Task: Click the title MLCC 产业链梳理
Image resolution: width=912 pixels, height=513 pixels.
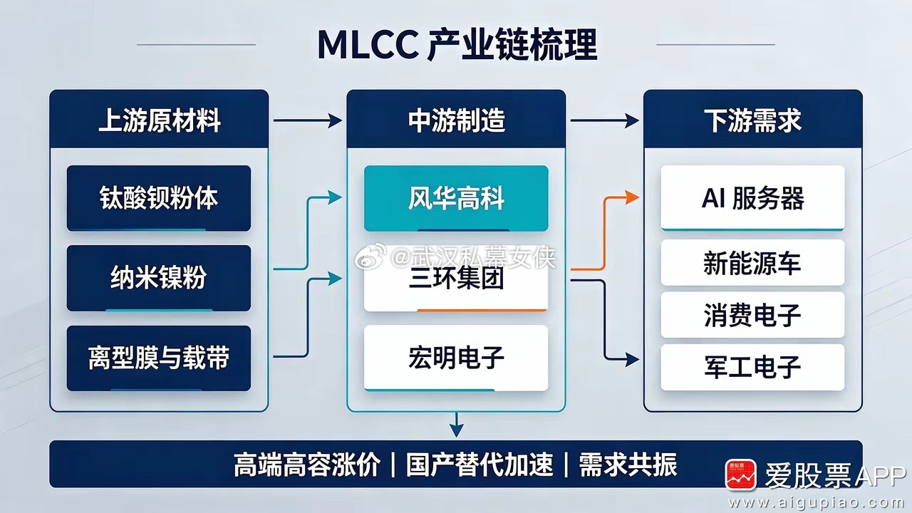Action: (457, 44)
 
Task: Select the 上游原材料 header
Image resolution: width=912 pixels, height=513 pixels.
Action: (159, 120)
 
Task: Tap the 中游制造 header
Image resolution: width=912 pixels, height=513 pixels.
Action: (456, 120)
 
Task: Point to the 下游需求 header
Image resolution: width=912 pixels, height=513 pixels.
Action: (753, 120)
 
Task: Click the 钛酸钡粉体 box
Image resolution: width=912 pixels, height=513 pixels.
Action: (159, 198)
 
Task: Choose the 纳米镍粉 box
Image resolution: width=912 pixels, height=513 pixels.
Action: (159, 278)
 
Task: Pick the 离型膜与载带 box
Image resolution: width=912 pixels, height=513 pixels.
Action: (159, 358)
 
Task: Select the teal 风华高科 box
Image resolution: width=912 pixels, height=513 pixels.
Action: (456, 198)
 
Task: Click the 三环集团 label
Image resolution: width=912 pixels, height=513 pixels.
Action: (456, 279)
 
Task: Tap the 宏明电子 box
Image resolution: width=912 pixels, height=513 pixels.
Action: (456, 358)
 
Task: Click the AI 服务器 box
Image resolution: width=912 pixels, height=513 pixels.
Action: (753, 198)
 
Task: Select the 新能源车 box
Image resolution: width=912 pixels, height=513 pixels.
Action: (753, 263)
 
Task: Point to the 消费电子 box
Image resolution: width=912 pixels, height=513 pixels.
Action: (753, 315)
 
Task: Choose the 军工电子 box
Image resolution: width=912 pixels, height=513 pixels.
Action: (753, 367)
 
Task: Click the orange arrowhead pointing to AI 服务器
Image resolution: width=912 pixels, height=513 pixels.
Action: (632, 197)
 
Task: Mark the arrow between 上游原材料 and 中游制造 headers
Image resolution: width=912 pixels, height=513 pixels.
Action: (308, 120)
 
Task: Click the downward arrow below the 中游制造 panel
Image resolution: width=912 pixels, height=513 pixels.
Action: (457, 425)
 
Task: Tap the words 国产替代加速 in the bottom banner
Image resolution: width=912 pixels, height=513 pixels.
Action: (480, 465)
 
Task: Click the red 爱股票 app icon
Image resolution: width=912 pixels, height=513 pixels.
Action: (740, 475)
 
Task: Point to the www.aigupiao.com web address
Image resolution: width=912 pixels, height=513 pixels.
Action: (819, 502)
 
